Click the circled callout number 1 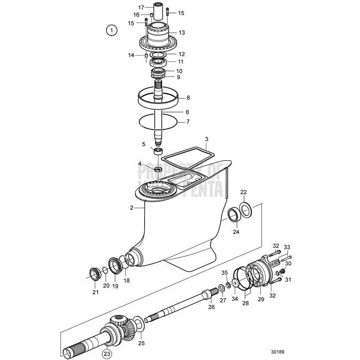[x=113, y=31]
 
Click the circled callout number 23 [x=106, y=354]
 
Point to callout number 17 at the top [x=141, y=7]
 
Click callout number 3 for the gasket [x=207, y=139]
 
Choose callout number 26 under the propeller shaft [x=211, y=307]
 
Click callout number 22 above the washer [x=243, y=192]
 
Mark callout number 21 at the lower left [x=95, y=292]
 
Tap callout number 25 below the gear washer [x=141, y=343]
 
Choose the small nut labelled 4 [x=158, y=170]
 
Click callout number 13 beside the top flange [x=181, y=33]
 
